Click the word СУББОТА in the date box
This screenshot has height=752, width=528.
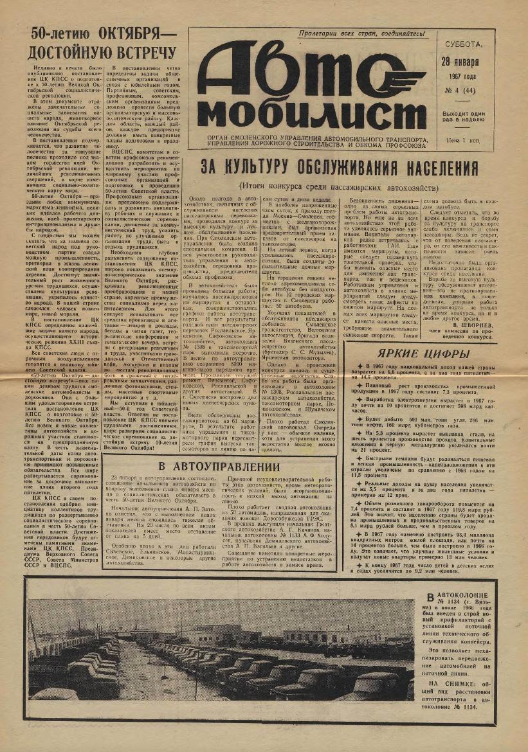point(462,45)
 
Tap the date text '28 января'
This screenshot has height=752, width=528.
point(460,63)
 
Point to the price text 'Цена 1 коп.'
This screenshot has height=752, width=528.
point(464,138)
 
